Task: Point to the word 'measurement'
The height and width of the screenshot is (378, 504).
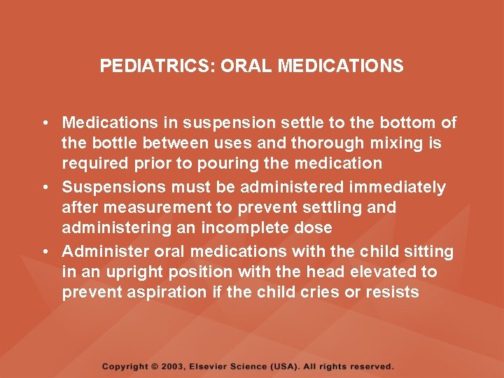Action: click(150, 208)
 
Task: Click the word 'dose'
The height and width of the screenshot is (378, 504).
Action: click(314, 228)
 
